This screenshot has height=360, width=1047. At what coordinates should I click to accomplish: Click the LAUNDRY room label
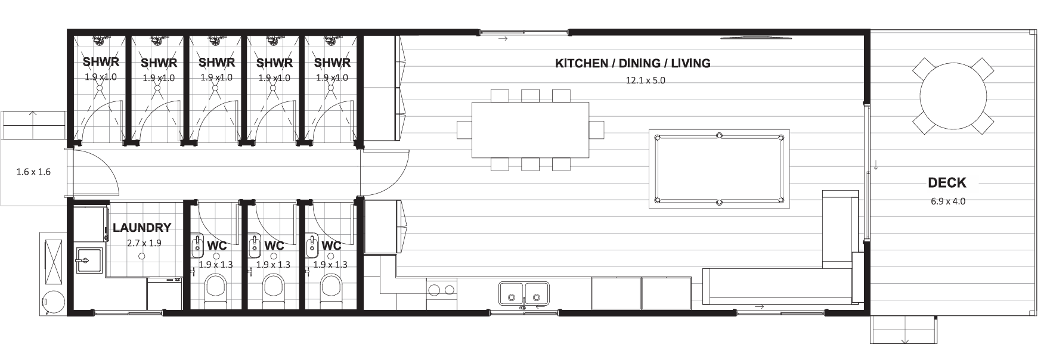pyautogui.click(x=142, y=228)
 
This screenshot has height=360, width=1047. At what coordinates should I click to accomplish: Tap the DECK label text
pyautogui.click(x=947, y=184)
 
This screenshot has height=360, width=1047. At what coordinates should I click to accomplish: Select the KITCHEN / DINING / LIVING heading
pyautogui.click(x=633, y=63)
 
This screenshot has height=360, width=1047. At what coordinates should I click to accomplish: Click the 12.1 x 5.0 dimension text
pyautogui.click(x=645, y=80)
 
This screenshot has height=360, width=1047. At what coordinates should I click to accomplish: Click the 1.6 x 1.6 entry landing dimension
pyautogui.click(x=33, y=172)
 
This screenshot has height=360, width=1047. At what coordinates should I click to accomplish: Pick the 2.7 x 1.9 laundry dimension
pyautogui.click(x=144, y=243)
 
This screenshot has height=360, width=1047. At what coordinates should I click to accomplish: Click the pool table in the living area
pyautogui.click(x=719, y=169)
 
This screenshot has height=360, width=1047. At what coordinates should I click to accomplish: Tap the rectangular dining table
pyautogui.click(x=530, y=130)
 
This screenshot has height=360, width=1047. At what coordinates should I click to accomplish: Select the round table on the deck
pyautogui.click(x=952, y=95)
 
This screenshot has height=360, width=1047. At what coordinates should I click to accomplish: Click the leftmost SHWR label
pyautogui.click(x=101, y=62)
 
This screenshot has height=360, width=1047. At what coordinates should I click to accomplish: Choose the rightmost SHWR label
pyautogui.click(x=332, y=62)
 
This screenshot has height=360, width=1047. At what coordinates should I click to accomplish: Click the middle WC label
pyautogui.click(x=274, y=246)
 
